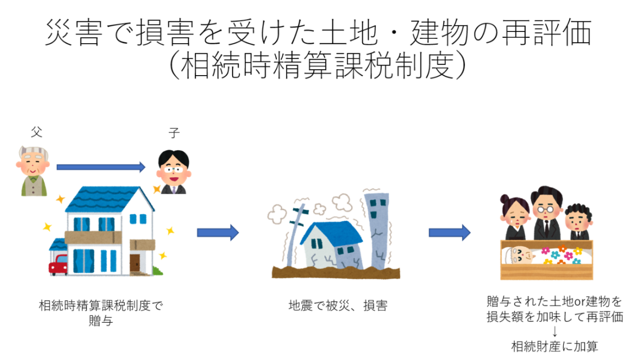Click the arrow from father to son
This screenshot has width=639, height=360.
point(101,167)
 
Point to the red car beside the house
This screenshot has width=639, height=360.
point(58,264)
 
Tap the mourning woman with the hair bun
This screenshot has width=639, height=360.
point(514,218)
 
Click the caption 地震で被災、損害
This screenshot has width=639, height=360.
point(338,306)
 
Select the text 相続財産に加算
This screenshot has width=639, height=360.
point(554,347)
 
